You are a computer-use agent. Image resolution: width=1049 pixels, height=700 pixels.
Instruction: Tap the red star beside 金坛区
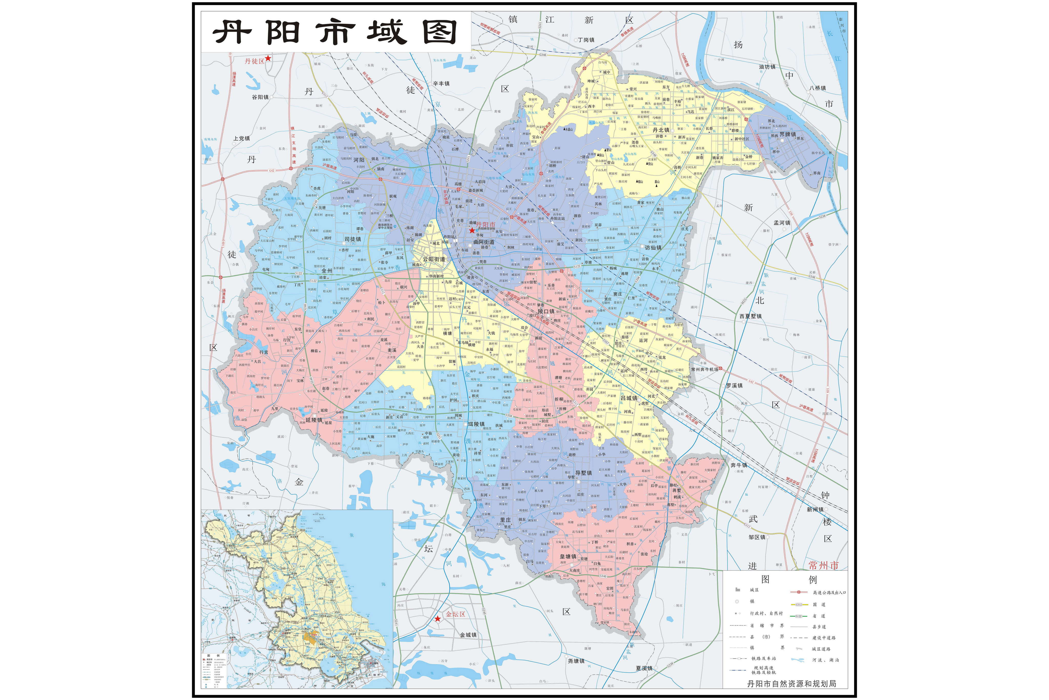[x=438, y=618]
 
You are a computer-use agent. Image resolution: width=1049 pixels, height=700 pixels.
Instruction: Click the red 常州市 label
[x=823, y=565]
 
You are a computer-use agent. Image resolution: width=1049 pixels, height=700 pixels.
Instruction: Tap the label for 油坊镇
[x=767, y=67]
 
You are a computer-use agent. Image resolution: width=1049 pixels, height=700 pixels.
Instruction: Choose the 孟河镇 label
[x=782, y=222]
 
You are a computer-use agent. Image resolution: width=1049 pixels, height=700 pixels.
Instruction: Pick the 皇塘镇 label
[x=568, y=557]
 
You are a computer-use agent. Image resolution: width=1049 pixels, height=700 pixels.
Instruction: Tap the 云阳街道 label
[x=434, y=259]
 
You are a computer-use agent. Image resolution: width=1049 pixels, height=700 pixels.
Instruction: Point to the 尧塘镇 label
[x=576, y=661]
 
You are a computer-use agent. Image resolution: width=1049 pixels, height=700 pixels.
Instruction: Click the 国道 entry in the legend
[x=819, y=605]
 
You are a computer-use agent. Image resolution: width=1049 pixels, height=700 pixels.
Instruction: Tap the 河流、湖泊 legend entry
[x=825, y=660]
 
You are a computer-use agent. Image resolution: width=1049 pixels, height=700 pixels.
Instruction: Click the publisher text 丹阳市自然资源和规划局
[x=792, y=683]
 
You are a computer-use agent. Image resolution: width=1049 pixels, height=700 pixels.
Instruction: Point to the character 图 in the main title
[x=440, y=32]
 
